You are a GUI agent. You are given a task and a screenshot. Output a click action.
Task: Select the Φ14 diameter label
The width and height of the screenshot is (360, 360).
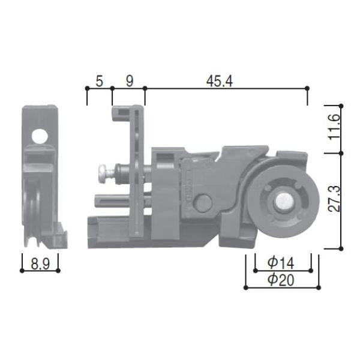281,262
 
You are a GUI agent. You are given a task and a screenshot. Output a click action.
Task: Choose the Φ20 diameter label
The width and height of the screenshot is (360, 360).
281,279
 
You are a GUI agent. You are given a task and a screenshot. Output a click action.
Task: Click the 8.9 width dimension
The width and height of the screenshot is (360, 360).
40,262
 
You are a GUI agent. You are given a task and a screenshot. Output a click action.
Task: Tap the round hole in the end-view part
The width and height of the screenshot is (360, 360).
39,136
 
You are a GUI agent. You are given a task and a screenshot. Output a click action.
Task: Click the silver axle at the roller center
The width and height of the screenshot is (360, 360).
281,202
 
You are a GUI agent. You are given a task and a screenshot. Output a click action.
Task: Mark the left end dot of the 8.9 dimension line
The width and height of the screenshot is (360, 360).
22,271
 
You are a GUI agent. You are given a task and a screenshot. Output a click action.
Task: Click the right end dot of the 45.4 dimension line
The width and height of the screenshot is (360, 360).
307,88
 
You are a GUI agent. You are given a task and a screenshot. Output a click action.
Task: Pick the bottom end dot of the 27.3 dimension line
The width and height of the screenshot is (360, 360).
342,247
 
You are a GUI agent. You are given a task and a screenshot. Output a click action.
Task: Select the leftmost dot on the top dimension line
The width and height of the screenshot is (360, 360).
87,88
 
